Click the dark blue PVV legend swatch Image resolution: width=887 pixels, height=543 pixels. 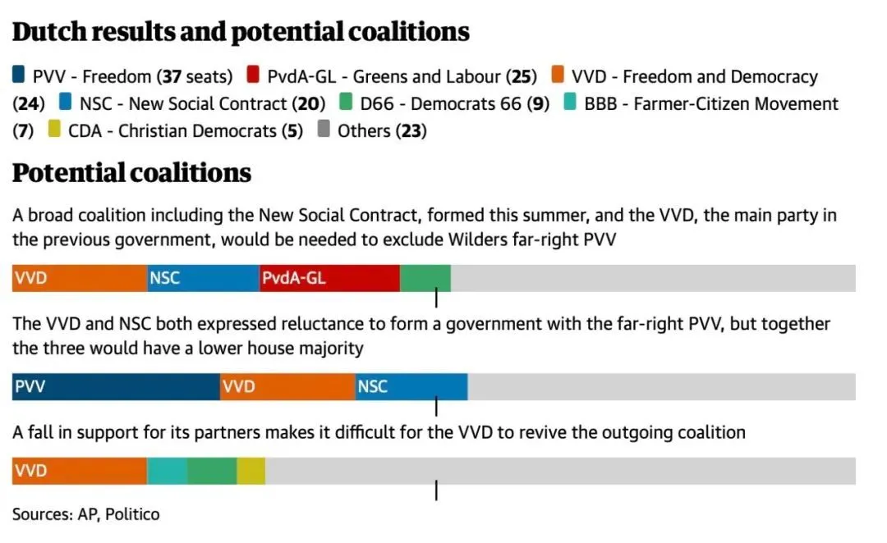(19, 76)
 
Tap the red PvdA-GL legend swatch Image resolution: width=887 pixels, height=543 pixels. (253, 76)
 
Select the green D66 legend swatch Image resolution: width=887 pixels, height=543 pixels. (346, 103)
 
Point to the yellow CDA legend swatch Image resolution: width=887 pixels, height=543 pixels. (54, 130)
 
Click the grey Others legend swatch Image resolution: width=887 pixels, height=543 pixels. (323, 130)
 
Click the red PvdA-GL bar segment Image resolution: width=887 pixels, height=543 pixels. (329, 278)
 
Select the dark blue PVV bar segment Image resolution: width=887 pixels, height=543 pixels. (116, 386)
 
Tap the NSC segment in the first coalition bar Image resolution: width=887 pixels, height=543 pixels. (203, 278)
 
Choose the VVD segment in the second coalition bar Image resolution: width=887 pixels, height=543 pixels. (287, 386)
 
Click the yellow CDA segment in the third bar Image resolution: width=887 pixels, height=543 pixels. (251, 471)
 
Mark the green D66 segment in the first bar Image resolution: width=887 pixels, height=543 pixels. (425, 278)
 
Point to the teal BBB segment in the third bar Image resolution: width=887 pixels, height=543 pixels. (167, 471)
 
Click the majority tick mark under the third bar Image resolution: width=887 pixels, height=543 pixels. (436, 491)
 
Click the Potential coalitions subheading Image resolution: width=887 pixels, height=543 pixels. (131, 173)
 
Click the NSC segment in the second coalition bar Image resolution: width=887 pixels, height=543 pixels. (411, 386)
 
